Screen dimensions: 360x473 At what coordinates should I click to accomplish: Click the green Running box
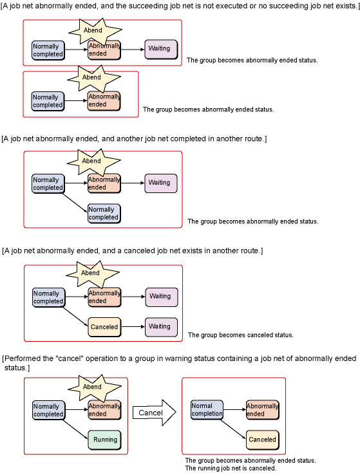[105, 440]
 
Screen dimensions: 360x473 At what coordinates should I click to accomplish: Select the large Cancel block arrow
[154, 413]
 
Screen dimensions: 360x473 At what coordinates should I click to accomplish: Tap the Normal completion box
[207, 410]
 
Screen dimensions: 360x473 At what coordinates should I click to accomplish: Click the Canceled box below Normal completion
[262, 440]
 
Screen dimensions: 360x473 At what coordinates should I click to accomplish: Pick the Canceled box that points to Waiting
[104, 327]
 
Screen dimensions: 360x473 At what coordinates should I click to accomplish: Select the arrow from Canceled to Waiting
[133, 327]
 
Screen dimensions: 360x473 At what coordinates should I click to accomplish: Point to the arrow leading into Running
[75, 429]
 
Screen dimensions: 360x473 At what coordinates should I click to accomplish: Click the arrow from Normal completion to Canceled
[233, 429]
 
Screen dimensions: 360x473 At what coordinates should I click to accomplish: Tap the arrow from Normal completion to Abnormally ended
[235, 409]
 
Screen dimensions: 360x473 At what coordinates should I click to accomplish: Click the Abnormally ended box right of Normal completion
[262, 410]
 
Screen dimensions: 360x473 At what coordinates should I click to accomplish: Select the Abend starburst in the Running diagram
[94, 387]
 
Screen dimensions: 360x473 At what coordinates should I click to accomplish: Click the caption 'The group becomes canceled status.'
[240, 335]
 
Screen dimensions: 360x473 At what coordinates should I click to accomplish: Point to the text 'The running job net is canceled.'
[231, 468]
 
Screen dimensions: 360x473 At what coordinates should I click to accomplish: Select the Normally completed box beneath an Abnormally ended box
[104, 214]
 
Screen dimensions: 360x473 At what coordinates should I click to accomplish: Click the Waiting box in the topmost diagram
[161, 49]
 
